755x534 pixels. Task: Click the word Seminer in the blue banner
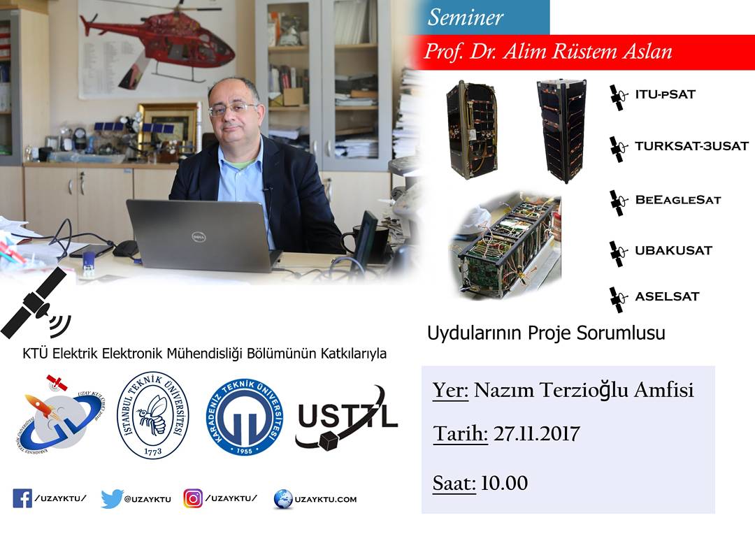coord(465,17)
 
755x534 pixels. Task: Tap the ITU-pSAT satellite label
coord(665,94)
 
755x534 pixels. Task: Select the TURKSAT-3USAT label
coord(691,146)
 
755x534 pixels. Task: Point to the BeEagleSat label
coord(678,200)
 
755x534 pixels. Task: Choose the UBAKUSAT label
coord(673,250)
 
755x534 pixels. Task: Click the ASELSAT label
coord(667,296)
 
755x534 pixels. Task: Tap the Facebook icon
coord(22,499)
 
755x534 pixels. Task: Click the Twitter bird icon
coord(111,499)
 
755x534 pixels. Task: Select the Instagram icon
coord(193,498)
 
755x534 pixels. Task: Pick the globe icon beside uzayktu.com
coord(282,499)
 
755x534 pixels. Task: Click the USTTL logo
coord(346,417)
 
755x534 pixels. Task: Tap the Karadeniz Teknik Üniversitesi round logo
coord(245,417)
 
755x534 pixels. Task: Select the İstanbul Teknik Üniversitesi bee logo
coord(153,415)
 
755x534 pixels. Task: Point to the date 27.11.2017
coord(536,433)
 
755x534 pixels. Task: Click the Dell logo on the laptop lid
coord(199,237)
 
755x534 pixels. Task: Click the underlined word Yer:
coord(450,390)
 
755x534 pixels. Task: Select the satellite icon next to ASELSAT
coord(618,300)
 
